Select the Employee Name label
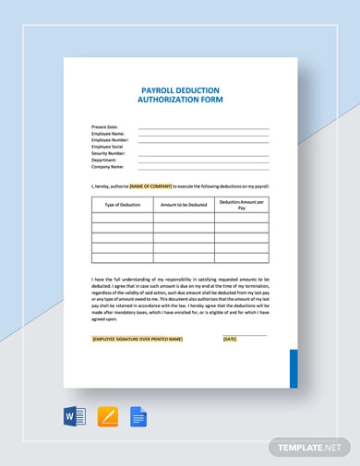coord(108,134)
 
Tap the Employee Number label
coord(110,140)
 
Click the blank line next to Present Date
coord(203,128)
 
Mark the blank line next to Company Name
coord(203,167)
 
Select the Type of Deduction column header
coord(122,204)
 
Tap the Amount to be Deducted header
coord(183,204)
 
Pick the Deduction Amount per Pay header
coord(241,204)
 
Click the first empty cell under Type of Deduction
coord(122,219)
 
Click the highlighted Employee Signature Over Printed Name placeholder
coord(138,339)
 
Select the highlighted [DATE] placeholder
coord(230,339)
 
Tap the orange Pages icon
coord(108,416)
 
